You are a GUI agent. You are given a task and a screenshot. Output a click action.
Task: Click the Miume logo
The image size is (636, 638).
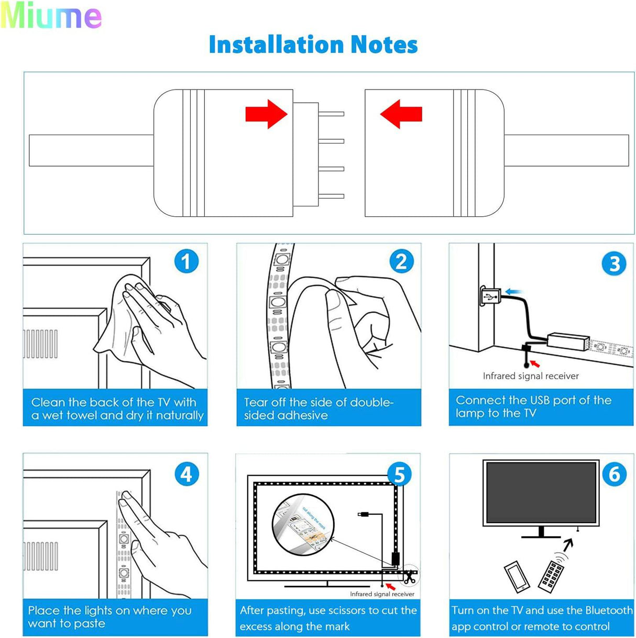point(51,16)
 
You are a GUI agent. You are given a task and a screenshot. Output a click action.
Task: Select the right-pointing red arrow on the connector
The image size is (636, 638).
point(266,114)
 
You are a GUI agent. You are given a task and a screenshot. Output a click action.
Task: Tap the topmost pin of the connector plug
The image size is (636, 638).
point(331,114)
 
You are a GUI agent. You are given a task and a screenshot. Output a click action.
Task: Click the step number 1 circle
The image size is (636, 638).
point(186,261)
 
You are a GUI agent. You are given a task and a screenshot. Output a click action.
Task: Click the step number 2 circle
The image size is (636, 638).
point(401,261)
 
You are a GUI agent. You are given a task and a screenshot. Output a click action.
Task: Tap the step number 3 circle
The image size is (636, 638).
point(614,263)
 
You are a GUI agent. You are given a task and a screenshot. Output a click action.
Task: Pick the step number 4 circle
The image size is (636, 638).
point(186,475)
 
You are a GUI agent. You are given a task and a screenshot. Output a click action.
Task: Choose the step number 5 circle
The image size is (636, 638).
point(399,475)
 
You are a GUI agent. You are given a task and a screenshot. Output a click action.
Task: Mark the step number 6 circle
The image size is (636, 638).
point(614,475)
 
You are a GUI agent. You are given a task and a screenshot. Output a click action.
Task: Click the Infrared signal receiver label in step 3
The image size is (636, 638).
point(530,376)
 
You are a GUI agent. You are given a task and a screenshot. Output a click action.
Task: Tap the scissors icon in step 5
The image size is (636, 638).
point(409,577)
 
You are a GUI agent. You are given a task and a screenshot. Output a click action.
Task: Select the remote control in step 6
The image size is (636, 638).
point(551,576)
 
